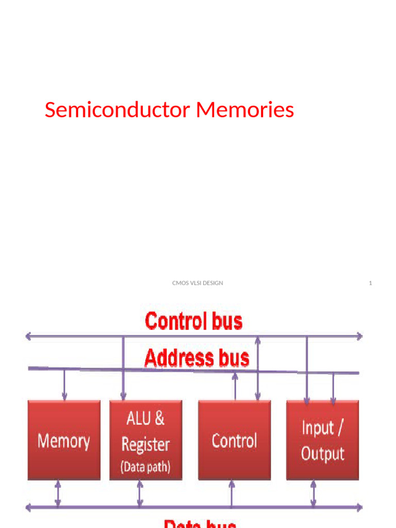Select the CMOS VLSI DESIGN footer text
[197, 283]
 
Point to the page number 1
[370, 283]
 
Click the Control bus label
[193, 321]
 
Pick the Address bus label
[196, 358]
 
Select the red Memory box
[64, 441]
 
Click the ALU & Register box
[146, 441]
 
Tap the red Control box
[235, 441]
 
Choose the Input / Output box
[323, 441]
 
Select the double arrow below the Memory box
[58, 493]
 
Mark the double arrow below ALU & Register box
[139, 493]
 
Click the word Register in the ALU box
[146, 444]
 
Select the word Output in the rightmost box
[323, 454]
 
